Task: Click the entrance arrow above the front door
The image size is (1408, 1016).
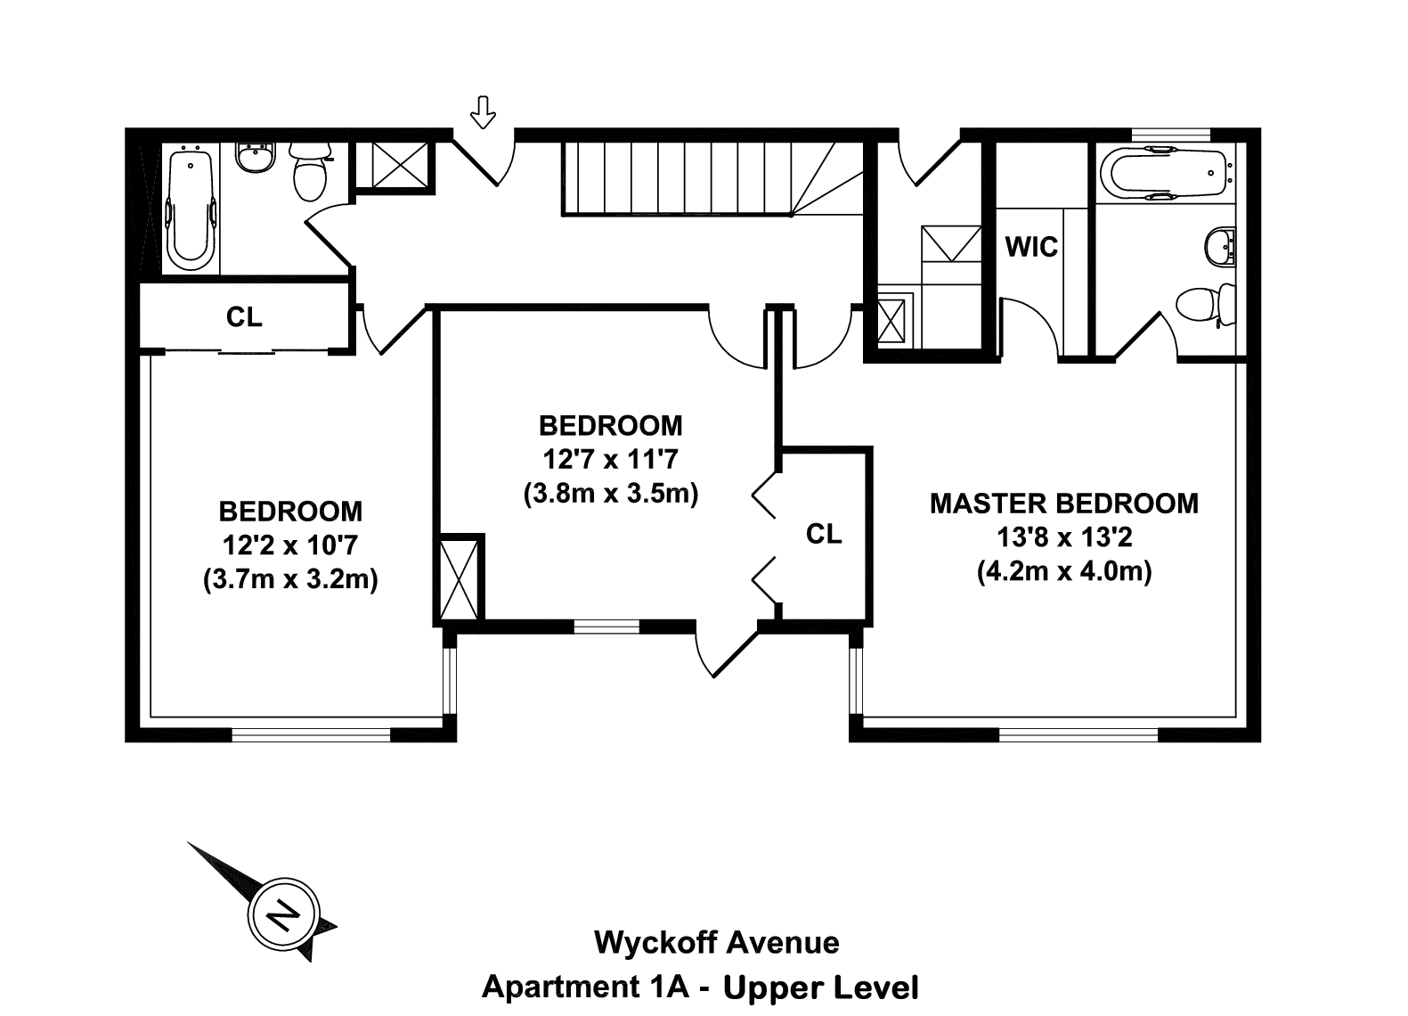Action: point(483,112)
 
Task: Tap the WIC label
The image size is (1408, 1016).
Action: point(1031,247)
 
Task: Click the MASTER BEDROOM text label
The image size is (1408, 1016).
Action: point(1063,504)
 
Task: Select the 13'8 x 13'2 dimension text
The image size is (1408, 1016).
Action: point(1063,537)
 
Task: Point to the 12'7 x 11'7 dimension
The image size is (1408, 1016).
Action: point(610,460)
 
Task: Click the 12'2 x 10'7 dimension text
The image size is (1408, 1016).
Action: point(290,545)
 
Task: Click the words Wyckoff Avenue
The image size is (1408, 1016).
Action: point(716,943)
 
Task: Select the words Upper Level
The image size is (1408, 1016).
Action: point(820,987)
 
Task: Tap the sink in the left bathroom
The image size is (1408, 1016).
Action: point(256,161)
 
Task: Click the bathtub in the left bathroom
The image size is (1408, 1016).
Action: point(191,209)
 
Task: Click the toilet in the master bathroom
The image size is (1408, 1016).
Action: point(1207,305)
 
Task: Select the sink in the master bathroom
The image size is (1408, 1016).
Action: point(1219,246)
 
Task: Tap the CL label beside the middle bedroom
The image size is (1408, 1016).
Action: point(823,534)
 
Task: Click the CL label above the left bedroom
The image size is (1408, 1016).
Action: point(244,317)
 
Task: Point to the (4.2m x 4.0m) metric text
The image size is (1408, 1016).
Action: point(1063,571)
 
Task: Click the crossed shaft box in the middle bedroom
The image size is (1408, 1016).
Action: point(460,578)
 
